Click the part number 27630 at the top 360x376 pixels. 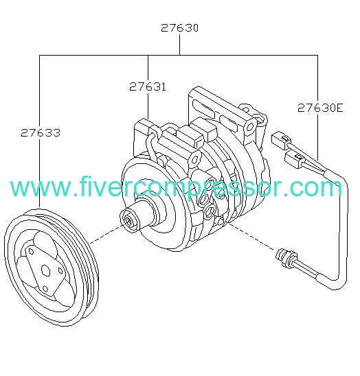(179, 28)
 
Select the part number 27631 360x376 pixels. (148, 86)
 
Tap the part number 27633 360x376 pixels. (41, 132)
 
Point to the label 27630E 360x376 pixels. (320, 108)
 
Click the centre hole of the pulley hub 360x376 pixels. (45, 270)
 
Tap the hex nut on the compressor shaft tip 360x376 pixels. (129, 220)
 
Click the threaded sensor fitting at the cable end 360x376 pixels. (285, 258)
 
